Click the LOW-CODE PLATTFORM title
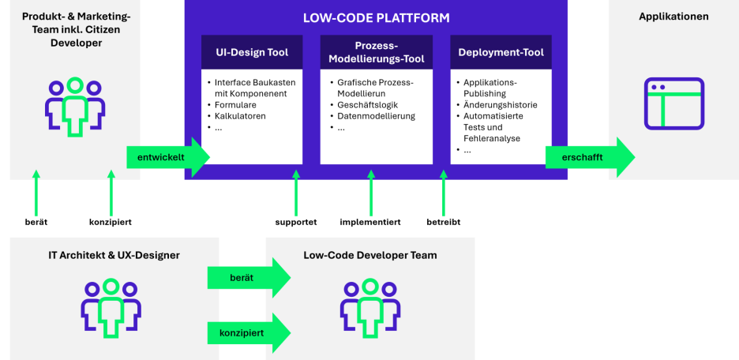coord(375,17)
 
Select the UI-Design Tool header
coord(252,53)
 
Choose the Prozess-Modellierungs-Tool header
coord(376,53)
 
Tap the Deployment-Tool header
coord(501,53)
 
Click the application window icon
coord(673,103)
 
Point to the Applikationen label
coord(673,17)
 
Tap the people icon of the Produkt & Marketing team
coord(74,107)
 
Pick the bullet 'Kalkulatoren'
coord(240,115)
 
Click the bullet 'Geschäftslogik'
coord(369,104)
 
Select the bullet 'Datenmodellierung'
coord(376,115)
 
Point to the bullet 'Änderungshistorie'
coord(500,104)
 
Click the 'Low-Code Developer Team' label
coord(369,255)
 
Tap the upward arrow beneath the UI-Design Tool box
coord(296,193)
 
